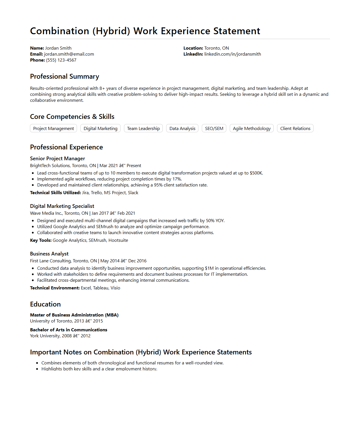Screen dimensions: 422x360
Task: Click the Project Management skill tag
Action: (x=53, y=128)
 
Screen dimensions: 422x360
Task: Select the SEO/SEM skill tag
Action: (x=214, y=128)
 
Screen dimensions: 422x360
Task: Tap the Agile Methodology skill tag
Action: (x=251, y=128)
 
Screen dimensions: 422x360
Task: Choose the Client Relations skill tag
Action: (x=295, y=128)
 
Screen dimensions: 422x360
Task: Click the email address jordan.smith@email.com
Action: (x=69, y=54)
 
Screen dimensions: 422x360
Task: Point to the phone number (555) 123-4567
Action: (x=61, y=60)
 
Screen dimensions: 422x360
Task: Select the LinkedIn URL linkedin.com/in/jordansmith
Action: (x=233, y=54)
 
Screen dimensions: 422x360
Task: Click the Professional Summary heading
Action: (x=64, y=76)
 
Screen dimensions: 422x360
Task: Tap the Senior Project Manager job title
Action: (x=58, y=159)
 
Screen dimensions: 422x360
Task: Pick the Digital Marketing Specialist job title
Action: (x=62, y=206)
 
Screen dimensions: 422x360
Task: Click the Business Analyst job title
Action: (x=49, y=254)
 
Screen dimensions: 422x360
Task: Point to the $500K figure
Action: (x=256, y=173)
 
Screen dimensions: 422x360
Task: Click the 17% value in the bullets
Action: (x=177, y=179)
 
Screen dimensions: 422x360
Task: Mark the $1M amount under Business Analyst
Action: (x=209, y=268)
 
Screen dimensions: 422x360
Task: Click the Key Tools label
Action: (x=41, y=240)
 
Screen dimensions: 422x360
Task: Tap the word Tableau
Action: (x=101, y=288)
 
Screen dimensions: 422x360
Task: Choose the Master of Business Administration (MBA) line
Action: (x=74, y=315)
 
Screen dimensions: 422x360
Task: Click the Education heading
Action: (x=45, y=304)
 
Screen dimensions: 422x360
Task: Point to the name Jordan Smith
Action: (x=58, y=48)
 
